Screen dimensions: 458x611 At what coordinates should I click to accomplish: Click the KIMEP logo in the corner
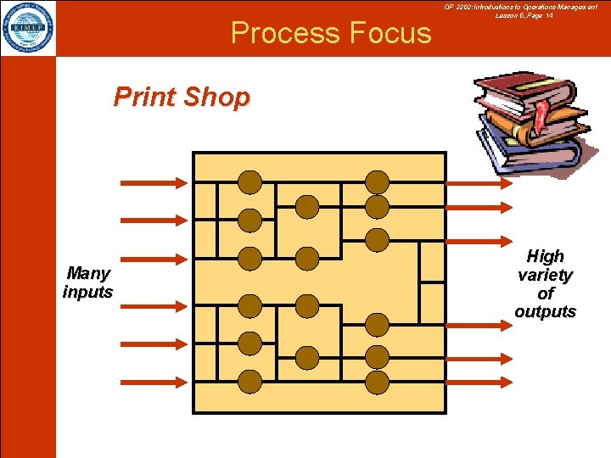click(28, 28)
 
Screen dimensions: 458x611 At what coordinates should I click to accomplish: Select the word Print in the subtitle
click(145, 98)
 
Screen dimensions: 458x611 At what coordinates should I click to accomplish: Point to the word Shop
click(216, 98)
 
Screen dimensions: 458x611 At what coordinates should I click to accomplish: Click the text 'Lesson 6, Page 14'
click(524, 15)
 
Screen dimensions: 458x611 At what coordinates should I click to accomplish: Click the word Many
click(88, 273)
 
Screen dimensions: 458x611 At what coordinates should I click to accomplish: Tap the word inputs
click(87, 292)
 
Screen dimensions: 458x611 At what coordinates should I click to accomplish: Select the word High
click(545, 256)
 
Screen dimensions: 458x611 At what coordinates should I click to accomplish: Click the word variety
click(545, 275)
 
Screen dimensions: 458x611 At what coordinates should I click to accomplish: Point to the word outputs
click(545, 311)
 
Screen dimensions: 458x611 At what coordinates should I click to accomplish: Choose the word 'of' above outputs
click(545, 293)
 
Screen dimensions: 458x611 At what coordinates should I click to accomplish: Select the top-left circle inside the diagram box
click(249, 182)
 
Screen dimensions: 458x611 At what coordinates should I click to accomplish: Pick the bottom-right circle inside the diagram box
click(377, 382)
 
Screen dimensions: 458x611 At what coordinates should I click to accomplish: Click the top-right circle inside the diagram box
click(377, 182)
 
